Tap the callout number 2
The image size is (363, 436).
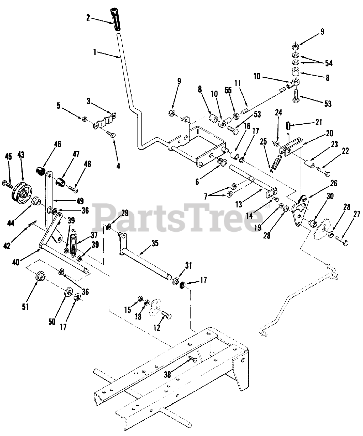click(x=88, y=18)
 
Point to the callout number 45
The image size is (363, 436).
click(x=9, y=156)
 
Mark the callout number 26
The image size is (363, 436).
click(x=333, y=183)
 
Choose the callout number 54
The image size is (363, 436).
click(x=329, y=63)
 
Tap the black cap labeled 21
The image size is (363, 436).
click(x=288, y=126)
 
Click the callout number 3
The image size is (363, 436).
click(x=88, y=101)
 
